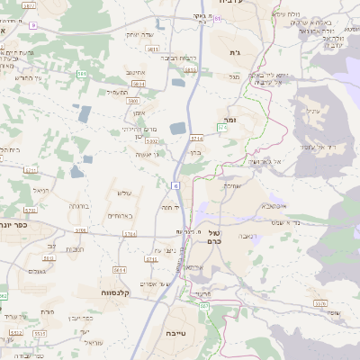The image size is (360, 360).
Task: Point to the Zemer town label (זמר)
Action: pyautogui.click(x=226, y=118)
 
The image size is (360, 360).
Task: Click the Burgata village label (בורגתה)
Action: pyautogui.click(x=79, y=206)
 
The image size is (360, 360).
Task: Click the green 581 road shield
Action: pyautogui.click(x=82, y=74)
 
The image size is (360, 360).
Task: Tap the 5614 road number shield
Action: pyautogui.click(x=120, y=269)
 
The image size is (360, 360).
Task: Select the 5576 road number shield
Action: pyautogui.click(x=320, y=303)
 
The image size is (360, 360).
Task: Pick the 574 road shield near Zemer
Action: pyautogui.click(x=222, y=129)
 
